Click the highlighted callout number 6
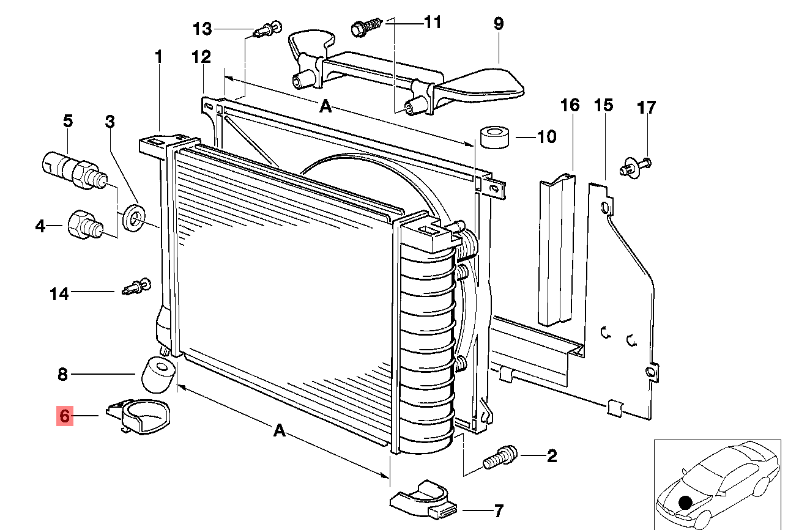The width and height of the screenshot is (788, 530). (x=65, y=416)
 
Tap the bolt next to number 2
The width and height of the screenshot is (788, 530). (x=500, y=457)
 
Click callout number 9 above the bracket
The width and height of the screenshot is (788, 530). (x=499, y=24)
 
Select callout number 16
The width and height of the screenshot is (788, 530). (x=570, y=105)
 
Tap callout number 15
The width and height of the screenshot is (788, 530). (x=603, y=105)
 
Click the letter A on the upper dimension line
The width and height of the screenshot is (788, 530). (x=325, y=108)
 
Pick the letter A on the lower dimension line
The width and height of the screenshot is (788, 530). (x=280, y=431)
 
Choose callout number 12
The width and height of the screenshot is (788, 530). (x=201, y=57)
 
